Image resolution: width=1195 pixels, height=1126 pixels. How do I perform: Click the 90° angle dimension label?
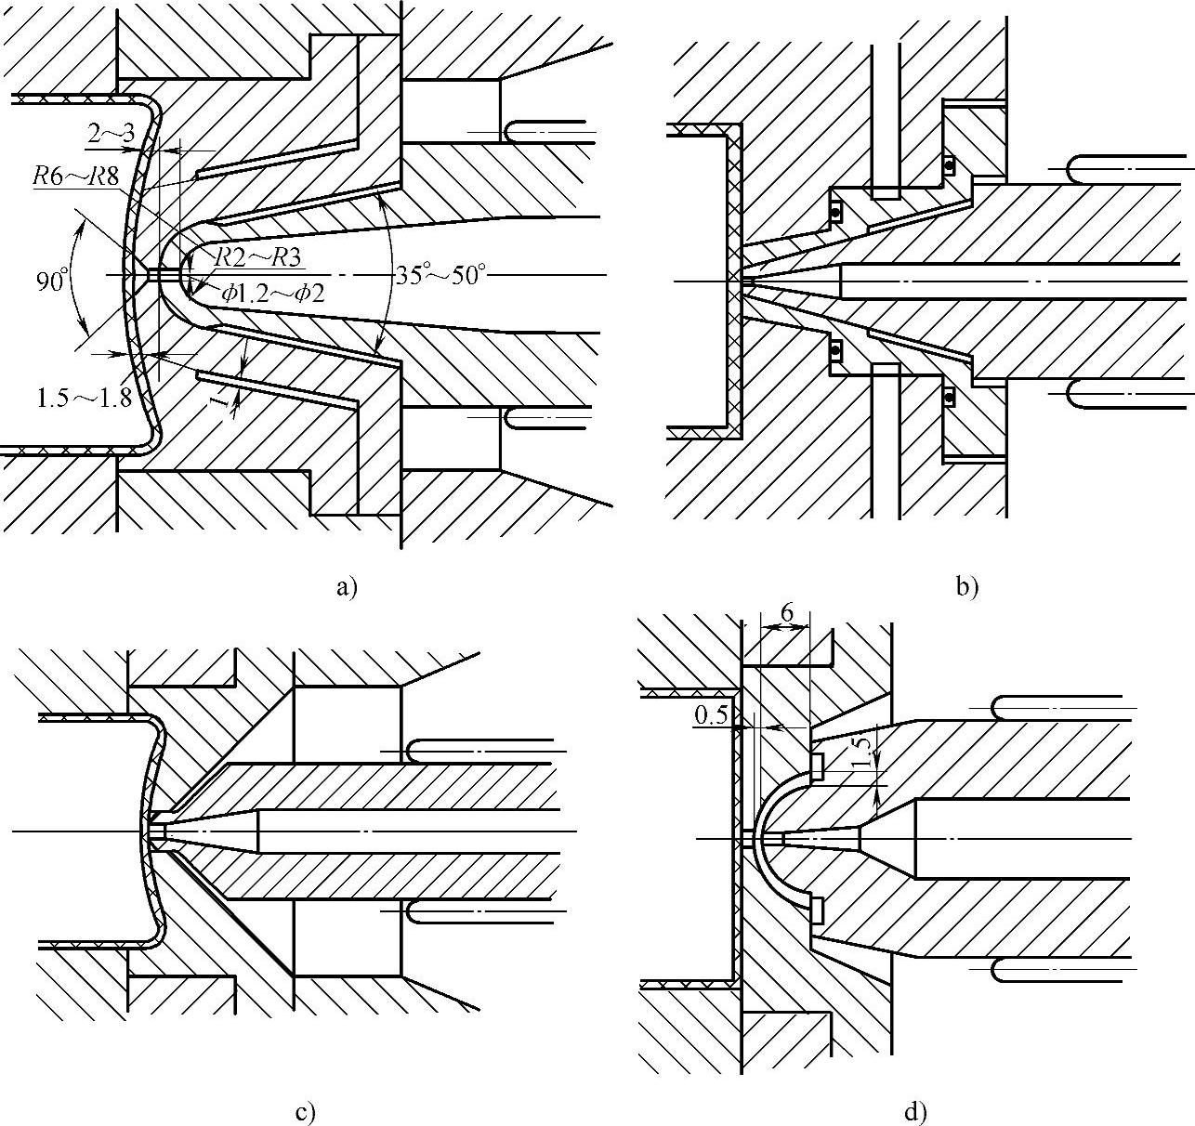click(52, 280)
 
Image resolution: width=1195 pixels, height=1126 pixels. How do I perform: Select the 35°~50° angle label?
click(439, 275)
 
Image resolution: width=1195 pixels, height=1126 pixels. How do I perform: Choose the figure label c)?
click(306, 1112)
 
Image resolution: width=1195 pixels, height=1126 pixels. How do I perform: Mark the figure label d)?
click(914, 1112)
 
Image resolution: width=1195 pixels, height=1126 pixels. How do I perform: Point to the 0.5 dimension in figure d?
click(710, 715)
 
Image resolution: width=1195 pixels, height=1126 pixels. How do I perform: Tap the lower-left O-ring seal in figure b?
click(835, 350)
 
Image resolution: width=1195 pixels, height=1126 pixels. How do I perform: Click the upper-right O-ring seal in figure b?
click(949, 165)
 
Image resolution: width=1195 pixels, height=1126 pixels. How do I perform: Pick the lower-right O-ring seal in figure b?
click(949, 397)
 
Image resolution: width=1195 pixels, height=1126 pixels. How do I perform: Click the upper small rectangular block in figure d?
click(818, 765)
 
